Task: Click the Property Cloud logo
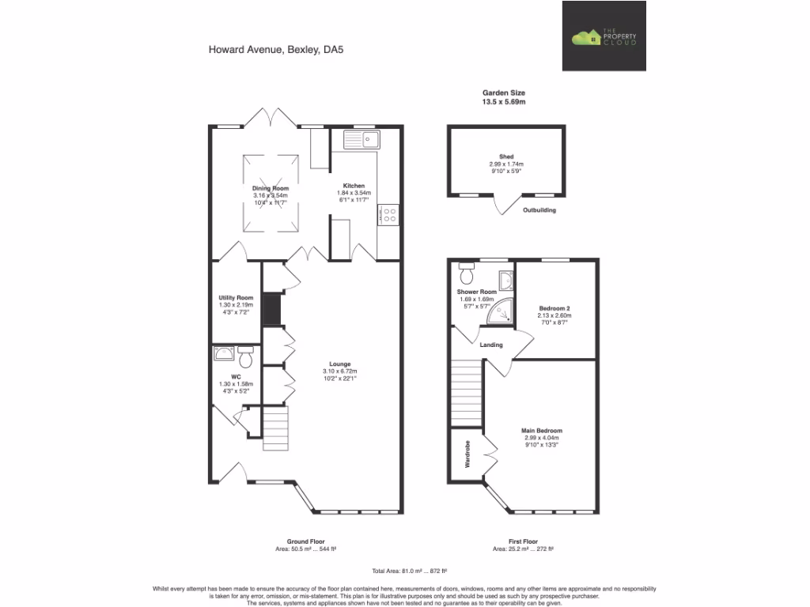tap(604, 36)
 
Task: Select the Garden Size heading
tap(504, 92)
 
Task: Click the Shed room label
tap(506, 156)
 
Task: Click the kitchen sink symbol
tap(361, 140)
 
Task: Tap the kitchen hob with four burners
tap(390, 215)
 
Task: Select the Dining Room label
tap(271, 188)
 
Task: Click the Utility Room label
tap(236, 297)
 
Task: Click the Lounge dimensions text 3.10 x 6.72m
tap(340, 371)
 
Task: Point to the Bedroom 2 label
tap(555, 307)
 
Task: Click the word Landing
tap(491, 344)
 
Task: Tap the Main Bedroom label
tap(542, 430)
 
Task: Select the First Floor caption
tap(522, 541)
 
